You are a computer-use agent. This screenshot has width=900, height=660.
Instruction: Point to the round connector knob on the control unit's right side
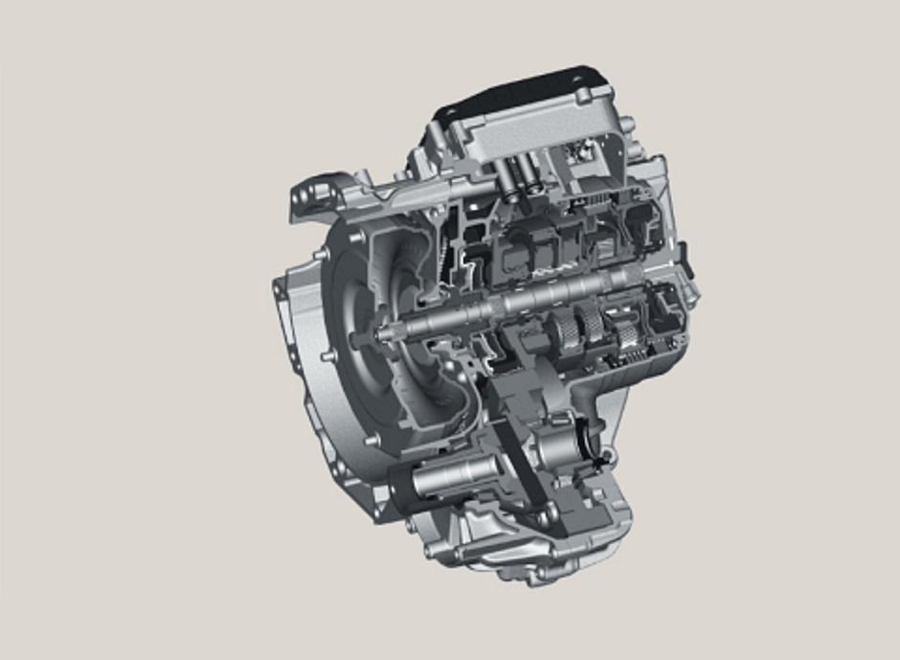tap(630, 125)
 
